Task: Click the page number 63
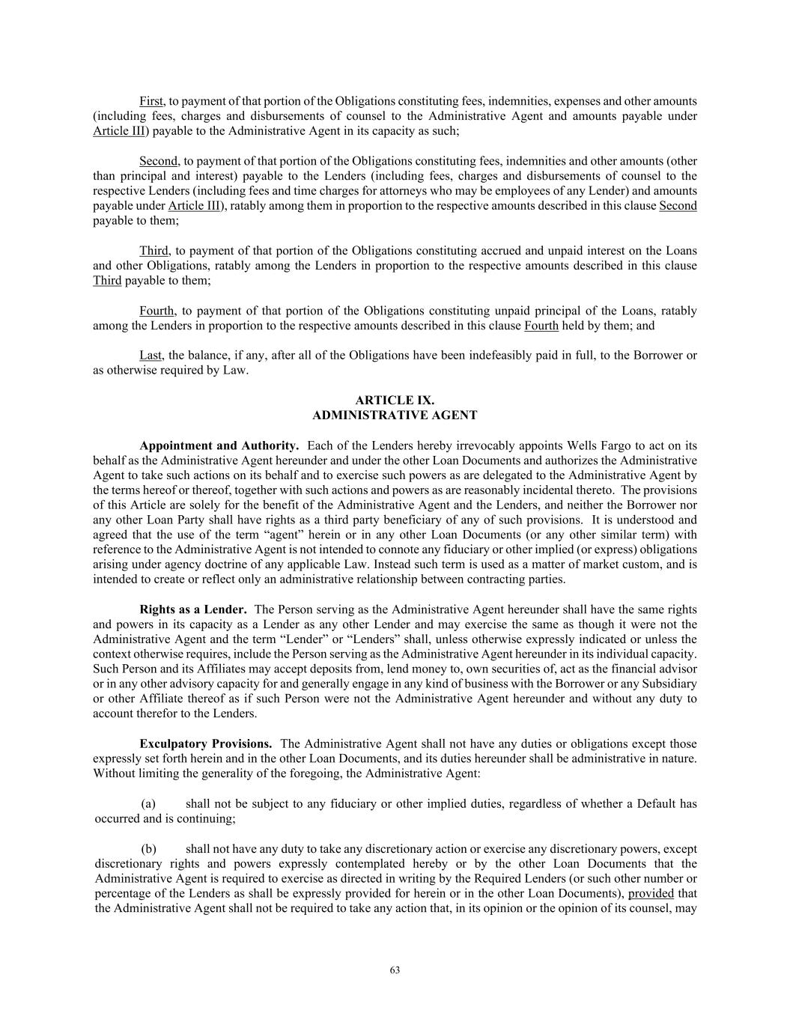[x=395, y=970]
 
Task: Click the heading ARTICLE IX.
[x=395, y=401]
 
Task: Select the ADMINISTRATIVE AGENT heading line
[x=395, y=416]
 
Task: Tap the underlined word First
[x=151, y=101]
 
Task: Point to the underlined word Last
[x=151, y=356]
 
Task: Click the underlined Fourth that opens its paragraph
[x=157, y=311]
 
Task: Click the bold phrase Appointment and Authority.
[x=219, y=445]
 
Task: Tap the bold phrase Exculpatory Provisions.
[x=206, y=744]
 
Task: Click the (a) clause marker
[x=148, y=804]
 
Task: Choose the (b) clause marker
[x=148, y=849]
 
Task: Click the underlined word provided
[x=651, y=894]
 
